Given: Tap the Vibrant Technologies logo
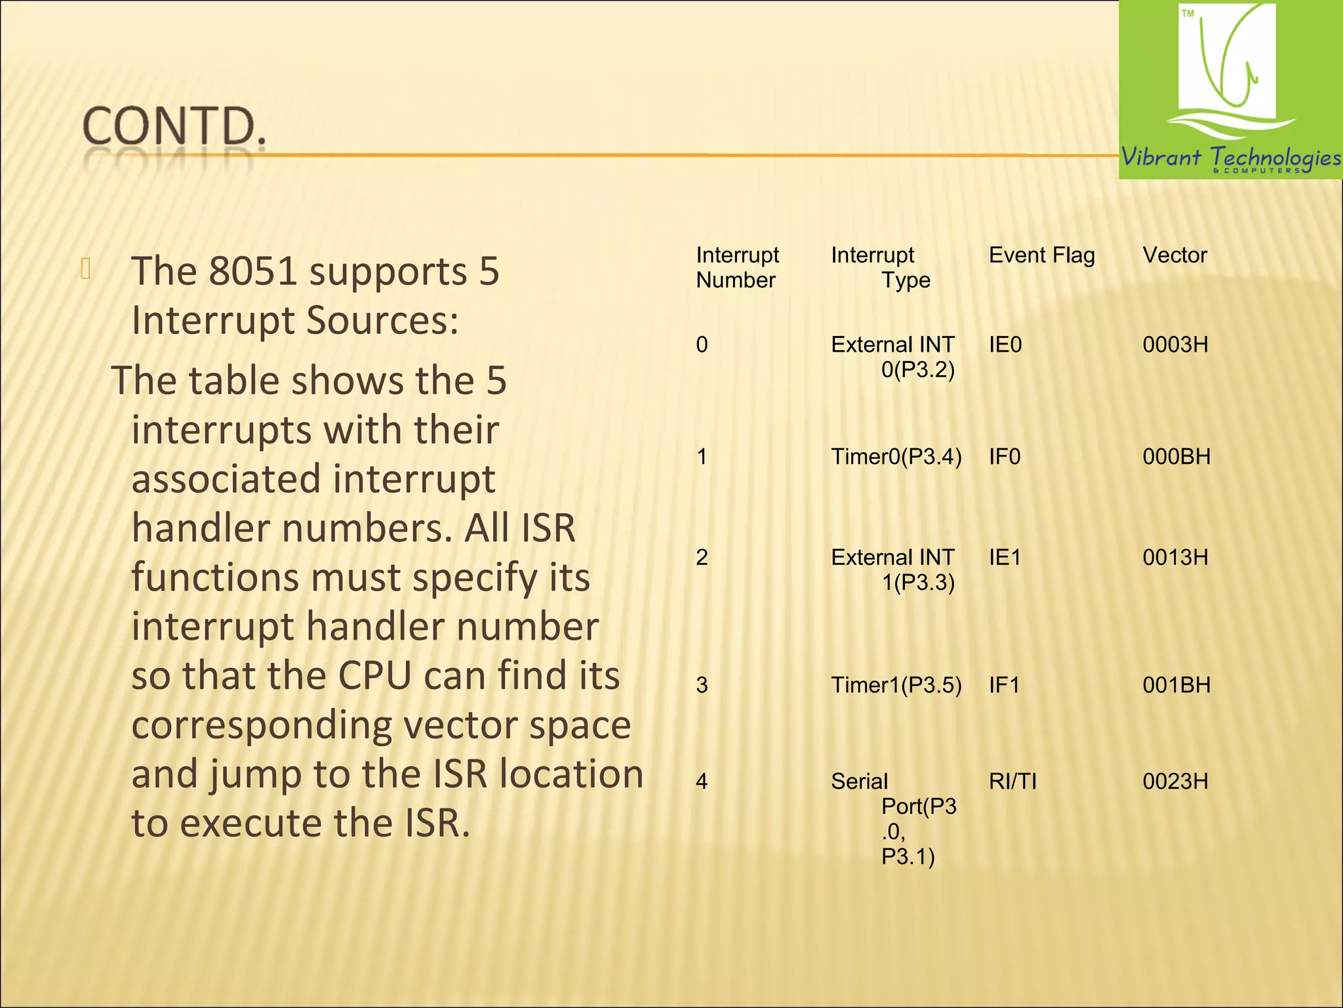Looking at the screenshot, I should (1230, 90).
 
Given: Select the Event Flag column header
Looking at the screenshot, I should (1041, 255).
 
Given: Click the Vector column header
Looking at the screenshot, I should (1174, 255).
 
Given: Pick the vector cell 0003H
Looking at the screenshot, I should (1175, 345).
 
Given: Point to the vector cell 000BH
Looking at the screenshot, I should (1176, 457).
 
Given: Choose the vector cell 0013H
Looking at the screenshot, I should (1175, 558).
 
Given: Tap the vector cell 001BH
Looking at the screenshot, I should (1176, 685).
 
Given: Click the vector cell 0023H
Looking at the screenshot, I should (1175, 782).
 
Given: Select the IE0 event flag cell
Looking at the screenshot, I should (1005, 345).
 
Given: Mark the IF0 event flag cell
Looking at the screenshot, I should (1005, 457).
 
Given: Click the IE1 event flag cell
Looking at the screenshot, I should (1005, 558).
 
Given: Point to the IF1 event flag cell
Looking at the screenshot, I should (1004, 685).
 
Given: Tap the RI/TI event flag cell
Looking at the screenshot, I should (1012, 782).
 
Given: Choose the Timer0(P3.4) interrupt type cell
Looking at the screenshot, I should (896, 457).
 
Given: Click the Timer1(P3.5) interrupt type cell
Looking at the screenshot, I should (896, 685).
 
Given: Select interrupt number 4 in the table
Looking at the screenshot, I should (702, 782).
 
